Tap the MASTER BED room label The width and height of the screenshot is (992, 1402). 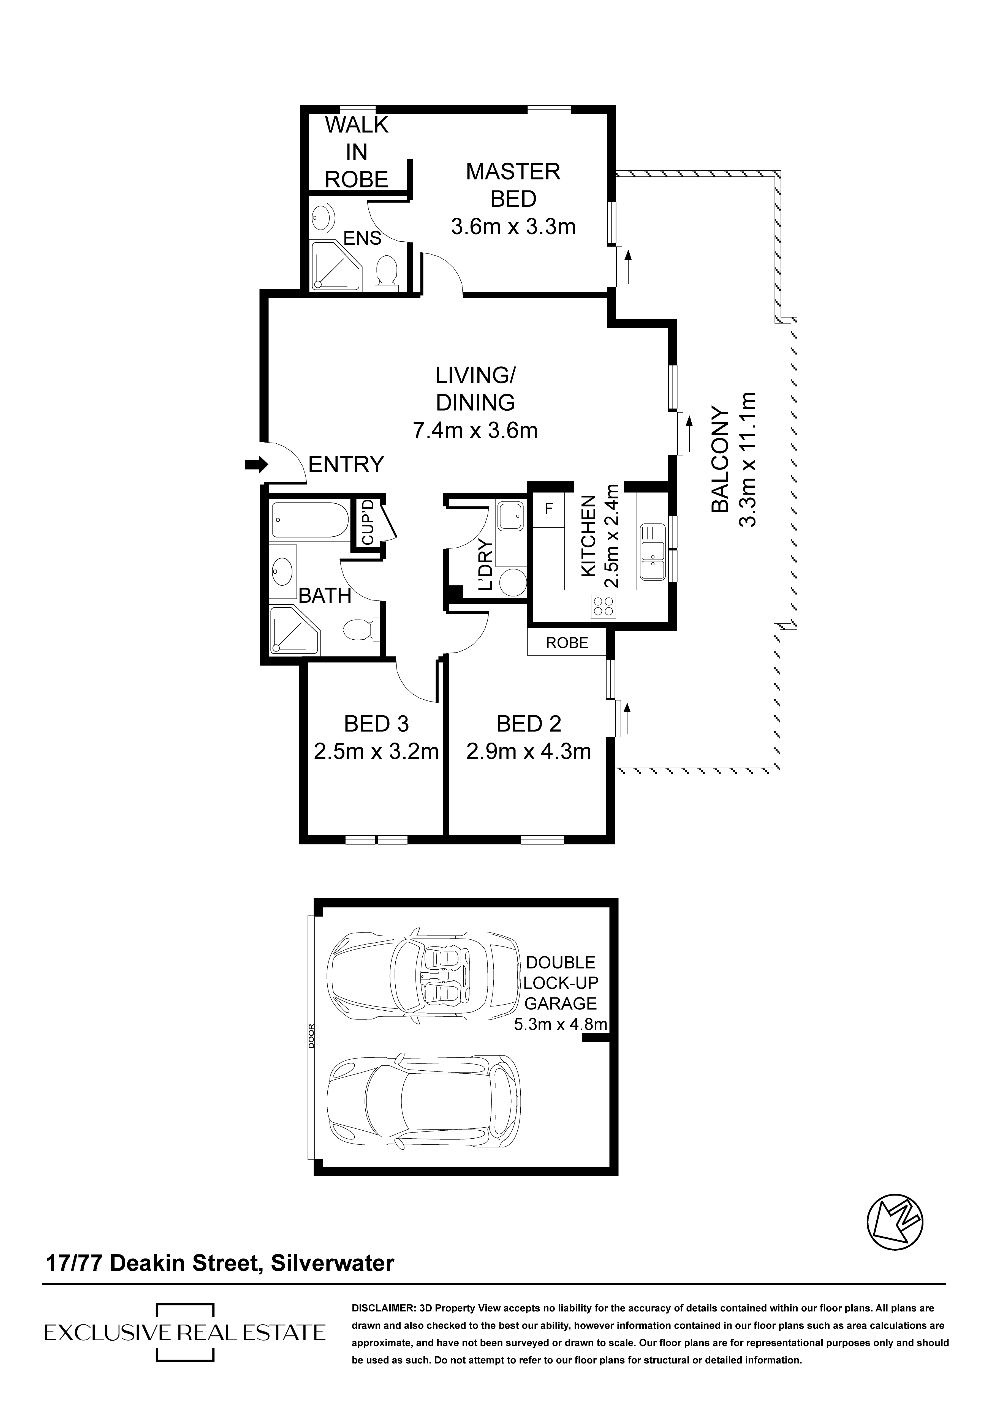click(x=513, y=185)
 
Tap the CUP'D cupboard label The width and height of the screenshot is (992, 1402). click(x=367, y=522)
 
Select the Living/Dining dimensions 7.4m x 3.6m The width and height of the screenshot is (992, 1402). click(x=475, y=430)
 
